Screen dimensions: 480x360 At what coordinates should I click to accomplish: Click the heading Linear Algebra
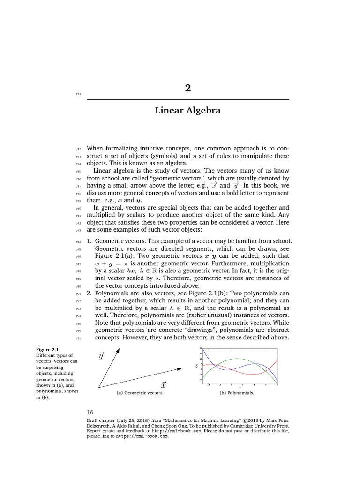(188, 111)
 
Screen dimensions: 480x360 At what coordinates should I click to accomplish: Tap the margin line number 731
(78, 94)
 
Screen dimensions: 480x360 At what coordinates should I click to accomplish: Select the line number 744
(78, 241)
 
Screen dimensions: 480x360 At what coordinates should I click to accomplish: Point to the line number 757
(78, 338)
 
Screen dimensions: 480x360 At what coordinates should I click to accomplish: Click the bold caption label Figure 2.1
(45, 349)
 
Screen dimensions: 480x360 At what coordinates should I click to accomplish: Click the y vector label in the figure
(101, 356)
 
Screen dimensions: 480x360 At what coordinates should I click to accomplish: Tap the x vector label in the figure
(164, 385)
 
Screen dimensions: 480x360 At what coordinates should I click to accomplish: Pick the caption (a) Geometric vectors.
(140, 393)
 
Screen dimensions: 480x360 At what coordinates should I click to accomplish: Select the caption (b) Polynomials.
(237, 393)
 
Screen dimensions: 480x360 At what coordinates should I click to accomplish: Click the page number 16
(90, 412)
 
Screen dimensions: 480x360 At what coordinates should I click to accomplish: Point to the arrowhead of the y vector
(118, 350)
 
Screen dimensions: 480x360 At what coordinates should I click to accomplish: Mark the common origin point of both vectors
(99, 388)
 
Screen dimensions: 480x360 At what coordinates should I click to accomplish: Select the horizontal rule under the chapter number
(188, 100)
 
